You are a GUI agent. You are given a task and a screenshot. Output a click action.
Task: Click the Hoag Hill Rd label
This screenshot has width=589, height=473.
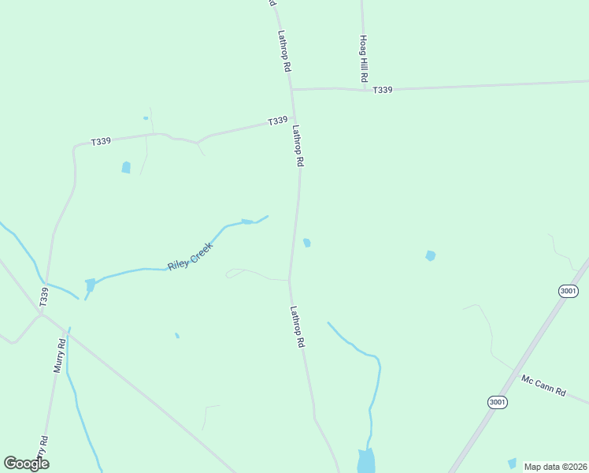[x=365, y=60]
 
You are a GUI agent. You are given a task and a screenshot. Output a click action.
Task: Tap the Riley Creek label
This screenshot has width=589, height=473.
[x=190, y=255]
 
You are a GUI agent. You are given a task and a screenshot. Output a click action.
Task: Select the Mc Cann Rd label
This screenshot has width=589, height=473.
[x=543, y=385]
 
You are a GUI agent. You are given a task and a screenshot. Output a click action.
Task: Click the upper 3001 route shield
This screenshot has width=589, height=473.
[x=569, y=291]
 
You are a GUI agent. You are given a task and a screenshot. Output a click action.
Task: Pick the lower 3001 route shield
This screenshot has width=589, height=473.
[x=497, y=402]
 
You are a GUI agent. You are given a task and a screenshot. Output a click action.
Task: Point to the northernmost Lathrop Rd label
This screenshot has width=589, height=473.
[x=284, y=52]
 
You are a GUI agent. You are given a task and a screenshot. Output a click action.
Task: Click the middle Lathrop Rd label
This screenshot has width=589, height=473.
[x=298, y=146]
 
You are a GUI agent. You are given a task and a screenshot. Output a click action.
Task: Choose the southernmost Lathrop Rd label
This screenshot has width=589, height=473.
[x=297, y=327]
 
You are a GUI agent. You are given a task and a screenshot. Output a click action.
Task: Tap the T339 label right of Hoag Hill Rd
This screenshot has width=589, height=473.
[x=383, y=91]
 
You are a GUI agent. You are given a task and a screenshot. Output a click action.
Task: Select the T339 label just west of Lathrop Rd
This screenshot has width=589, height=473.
[x=277, y=121]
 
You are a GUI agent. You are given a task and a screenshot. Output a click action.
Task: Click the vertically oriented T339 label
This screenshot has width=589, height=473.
[x=44, y=296]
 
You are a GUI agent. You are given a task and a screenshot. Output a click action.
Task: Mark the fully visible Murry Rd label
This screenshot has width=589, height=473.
[x=58, y=355]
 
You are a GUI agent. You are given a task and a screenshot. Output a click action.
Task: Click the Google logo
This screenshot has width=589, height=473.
[x=26, y=464]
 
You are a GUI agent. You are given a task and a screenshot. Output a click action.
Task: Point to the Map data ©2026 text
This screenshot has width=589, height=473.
[x=555, y=467]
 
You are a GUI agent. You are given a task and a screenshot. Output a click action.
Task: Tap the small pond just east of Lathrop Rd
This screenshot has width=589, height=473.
[x=307, y=243]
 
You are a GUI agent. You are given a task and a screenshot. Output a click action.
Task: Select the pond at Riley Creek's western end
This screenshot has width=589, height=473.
[x=90, y=284]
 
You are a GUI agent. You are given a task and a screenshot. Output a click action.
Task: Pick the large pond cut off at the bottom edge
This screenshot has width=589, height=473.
[x=366, y=461]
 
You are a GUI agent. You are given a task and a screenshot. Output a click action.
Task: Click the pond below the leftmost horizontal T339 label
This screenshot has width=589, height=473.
[x=126, y=167]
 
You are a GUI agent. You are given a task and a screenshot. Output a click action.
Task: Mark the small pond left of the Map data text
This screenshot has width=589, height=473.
[x=513, y=463]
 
